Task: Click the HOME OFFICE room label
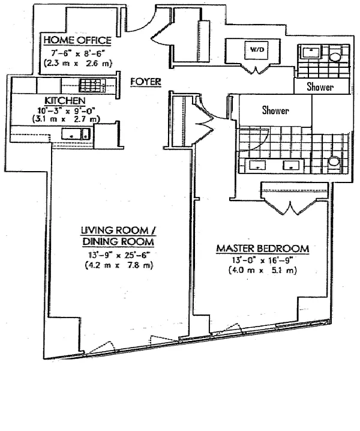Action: pos(77,40)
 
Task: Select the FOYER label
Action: pos(146,81)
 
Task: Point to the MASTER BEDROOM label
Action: pos(263,248)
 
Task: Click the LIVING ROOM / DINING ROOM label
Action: pos(118,236)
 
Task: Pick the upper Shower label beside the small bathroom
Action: pos(320,87)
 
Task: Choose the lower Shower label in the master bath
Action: pos(275,110)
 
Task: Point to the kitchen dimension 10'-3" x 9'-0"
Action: pos(65,110)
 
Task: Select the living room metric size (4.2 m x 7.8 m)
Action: pos(118,265)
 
